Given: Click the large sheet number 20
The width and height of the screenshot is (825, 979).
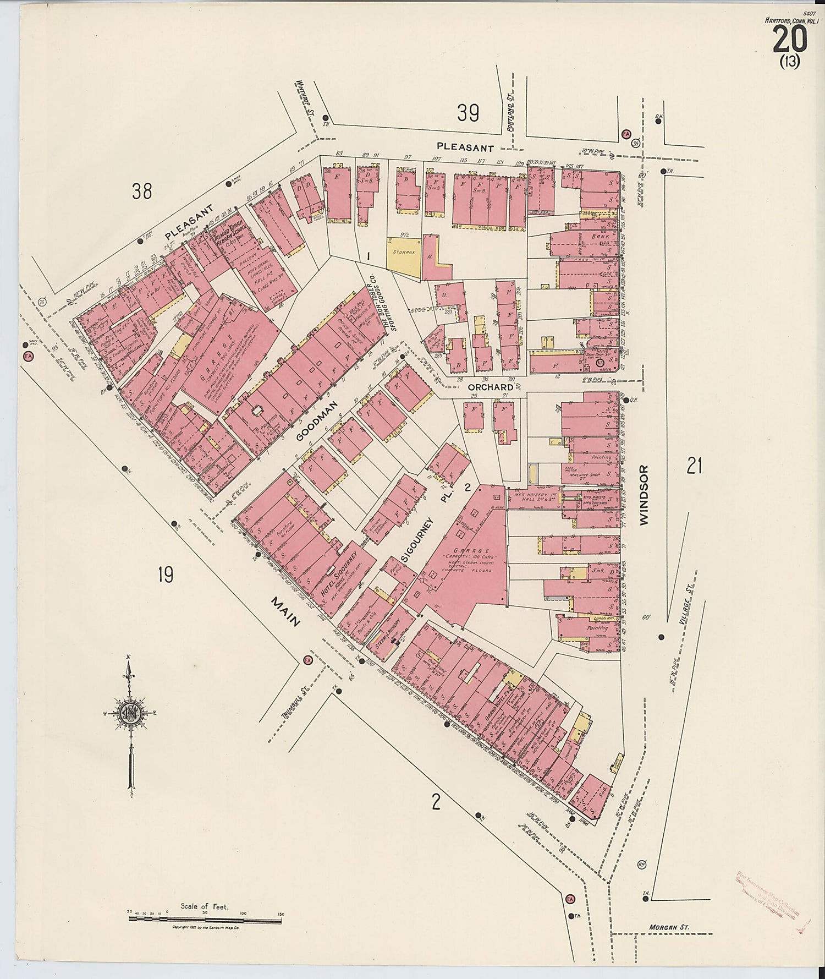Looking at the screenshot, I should pyautogui.click(x=790, y=40).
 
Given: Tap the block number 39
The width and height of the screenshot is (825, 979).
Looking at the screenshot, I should pyautogui.click(x=468, y=113).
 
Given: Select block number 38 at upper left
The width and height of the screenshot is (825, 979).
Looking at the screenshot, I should pyautogui.click(x=141, y=191).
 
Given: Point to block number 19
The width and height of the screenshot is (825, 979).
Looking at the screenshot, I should pyautogui.click(x=165, y=575).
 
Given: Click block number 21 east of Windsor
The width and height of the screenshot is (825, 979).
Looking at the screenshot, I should pyautogui.click(x=694, y=467).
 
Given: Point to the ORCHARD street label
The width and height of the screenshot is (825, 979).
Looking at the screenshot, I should pyautogui.click(x=491, y=387).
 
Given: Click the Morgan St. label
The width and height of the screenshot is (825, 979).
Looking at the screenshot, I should pyautogui.click(x=669, y=927).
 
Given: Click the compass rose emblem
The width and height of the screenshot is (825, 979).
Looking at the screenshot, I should pyautogui.click(x=131, y=714).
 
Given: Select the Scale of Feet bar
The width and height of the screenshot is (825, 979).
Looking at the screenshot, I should pyautogui.click(x=204, y=920).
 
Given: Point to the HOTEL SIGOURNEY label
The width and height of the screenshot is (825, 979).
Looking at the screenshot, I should pyautogui.click(x=339, y=573).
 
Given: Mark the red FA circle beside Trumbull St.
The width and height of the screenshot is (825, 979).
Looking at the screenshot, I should pyautogui.click(x=308, y=660).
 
